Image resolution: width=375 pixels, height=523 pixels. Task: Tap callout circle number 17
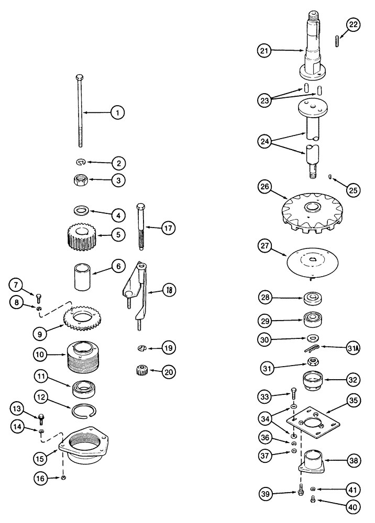point(168,228)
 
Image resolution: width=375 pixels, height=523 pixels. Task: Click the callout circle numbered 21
point(265,51)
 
